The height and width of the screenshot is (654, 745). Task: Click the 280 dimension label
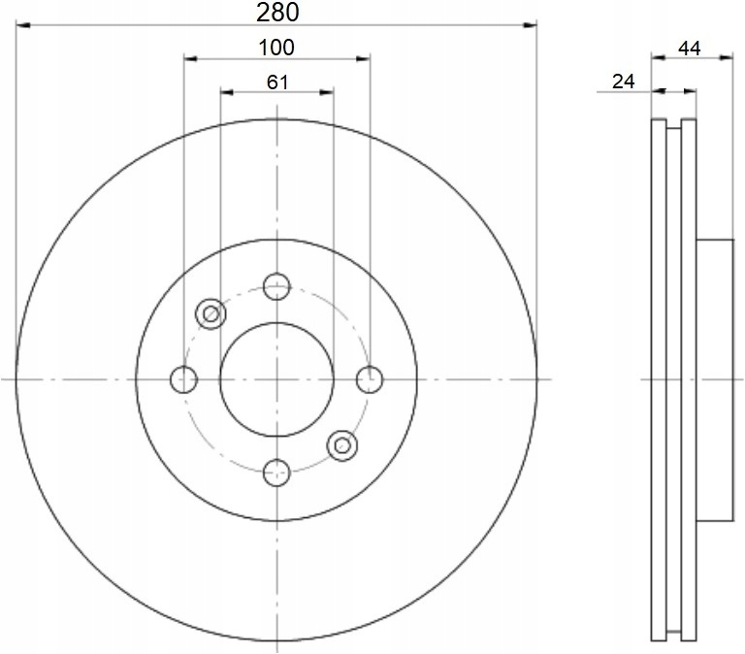pos(276,12)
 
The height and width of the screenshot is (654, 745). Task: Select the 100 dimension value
pos(276,46)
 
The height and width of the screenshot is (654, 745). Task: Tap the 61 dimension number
pos(277,82)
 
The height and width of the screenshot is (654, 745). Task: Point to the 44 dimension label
pos(690,47)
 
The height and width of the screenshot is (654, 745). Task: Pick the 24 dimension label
pos(623,82)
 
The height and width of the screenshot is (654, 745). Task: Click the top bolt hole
pos(276,286)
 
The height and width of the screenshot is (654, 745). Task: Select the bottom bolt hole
pos(276,473)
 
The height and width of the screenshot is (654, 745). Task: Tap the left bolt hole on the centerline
pos(183,379)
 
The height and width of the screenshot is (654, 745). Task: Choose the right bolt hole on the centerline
pos(370,379)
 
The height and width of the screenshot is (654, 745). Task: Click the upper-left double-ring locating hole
pos(211,313)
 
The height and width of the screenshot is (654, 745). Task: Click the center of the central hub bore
pos(276,379)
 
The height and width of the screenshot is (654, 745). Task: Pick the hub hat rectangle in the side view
pos(713,378)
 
